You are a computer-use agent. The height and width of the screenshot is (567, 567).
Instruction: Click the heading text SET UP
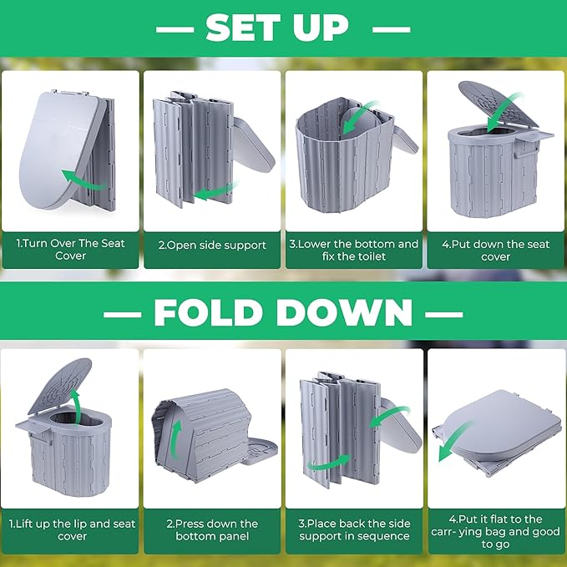pos(277,28)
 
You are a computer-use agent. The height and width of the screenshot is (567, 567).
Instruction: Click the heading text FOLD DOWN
pos(283,313)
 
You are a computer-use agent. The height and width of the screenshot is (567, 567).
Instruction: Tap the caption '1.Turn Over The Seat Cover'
pos(70,250)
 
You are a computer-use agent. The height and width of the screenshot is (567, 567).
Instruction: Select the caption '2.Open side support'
pos(212,246)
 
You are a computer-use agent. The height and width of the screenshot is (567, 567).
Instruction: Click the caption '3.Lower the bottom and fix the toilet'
pos(354,250)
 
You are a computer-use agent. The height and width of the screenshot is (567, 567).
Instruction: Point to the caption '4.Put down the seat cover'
pos(495,251)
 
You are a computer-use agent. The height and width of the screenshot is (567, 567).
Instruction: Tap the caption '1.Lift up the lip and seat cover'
pos(72,529)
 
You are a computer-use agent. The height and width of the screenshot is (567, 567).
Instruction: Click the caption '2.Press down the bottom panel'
pos(212,529)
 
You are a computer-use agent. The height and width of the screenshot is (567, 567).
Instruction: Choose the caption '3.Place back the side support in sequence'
pos(354,529)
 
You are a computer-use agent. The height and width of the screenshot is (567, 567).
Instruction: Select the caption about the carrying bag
pos(495,532)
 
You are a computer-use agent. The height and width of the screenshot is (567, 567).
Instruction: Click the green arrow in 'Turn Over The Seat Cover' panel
pos(84,182)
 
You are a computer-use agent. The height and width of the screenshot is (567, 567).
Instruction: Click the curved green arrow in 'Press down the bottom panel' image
pos(175,438)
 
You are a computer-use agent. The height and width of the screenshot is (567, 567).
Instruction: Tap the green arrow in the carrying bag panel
pos(456,441)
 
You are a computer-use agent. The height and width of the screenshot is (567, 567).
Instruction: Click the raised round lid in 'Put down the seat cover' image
pos(499,104)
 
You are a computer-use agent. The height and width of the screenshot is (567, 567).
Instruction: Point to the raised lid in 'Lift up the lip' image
pos(59,386)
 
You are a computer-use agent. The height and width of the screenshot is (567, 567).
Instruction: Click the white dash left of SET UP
pos(175,30)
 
